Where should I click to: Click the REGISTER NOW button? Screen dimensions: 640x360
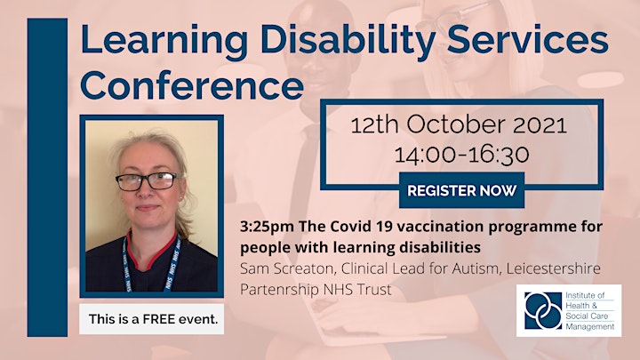pos(461,190)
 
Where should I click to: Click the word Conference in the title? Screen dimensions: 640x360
pos(192,85)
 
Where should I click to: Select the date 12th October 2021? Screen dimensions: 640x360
pos(459,124)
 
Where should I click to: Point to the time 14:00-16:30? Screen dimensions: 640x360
pos(462,155)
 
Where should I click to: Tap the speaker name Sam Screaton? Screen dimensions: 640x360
pos(286,268)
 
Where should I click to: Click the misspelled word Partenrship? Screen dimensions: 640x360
pos(280,290)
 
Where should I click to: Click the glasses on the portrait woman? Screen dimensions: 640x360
pos(147,181)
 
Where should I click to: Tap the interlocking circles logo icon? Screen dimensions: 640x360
pos(543,310)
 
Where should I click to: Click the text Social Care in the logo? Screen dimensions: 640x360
pos(587,316)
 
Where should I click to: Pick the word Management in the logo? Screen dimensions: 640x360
pos(590,327)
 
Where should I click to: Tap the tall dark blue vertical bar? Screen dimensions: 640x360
pos(47,178)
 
